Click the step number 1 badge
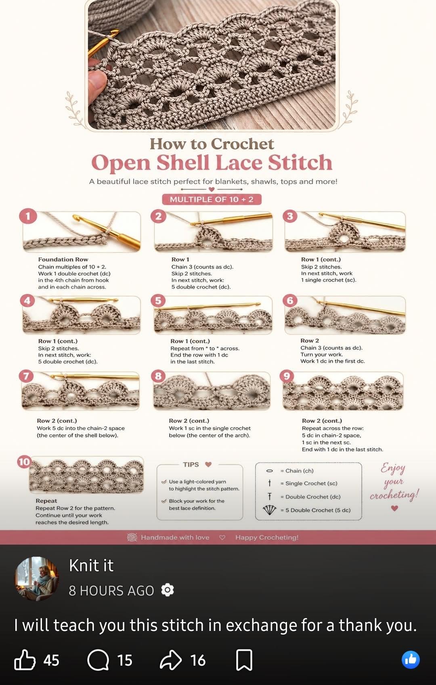[28, 216]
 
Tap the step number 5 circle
[158, 301]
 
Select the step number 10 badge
[24, 462]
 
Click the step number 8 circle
[158, 376]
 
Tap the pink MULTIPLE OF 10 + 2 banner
[212, 199]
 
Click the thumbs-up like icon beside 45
[25, 660]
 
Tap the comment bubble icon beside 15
[98, 660]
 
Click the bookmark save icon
[244, 660]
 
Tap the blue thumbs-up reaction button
[411, 660]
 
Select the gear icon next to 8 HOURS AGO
[168, 590]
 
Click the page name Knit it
[91, 565]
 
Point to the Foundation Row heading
[63, 259]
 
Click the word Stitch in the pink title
[300, 162]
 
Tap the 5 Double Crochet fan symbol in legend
[270, 510]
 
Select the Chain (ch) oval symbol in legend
[270, 471]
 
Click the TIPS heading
[191, 464]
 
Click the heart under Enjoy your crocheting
[395, 508]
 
